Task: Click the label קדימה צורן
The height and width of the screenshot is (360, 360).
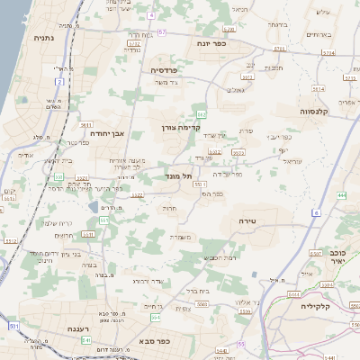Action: click(x=179, y=128)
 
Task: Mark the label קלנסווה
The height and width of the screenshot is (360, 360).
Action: click(x=319, y=112)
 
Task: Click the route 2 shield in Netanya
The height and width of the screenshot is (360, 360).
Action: click(x=59, y=81)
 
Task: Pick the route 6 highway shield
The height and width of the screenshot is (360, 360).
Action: click(x=317, y=213)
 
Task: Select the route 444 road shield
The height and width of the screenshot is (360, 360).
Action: click(x=343, y=194)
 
